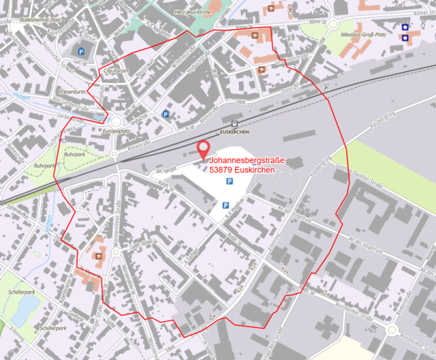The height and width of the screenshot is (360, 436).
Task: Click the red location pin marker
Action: click(202, 149)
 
